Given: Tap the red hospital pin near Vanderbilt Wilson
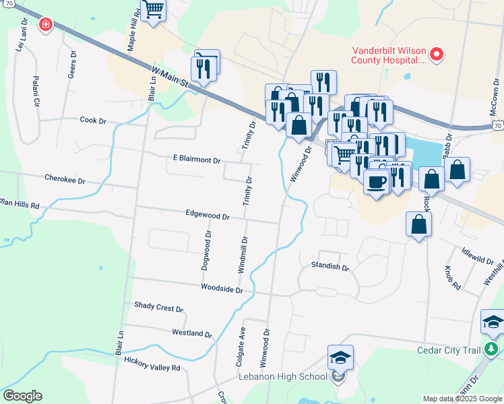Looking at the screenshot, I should [x=437, y=54].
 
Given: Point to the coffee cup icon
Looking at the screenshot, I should [x=376, y=180].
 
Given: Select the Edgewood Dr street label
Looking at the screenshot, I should [x=208, y=216].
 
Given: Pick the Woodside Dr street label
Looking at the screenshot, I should [x=222, y=288].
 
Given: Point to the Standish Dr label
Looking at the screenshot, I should [x=330, y=267].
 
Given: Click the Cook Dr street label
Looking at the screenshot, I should [x=93, y=121].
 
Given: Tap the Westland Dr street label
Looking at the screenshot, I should [x=192, y=333].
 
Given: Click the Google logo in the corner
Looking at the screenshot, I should [x=22, y=396].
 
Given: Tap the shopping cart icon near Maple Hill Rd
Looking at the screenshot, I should [x=154, y=9].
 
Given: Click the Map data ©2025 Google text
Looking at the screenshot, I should [x=463, y=399].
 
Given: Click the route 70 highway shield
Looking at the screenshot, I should [x=498, y=125].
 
